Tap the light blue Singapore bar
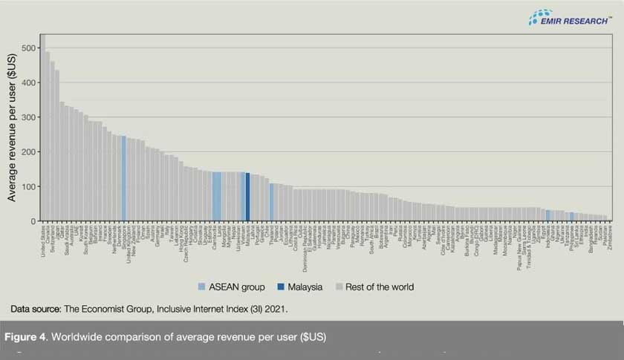(123, 178)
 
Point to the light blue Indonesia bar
(547, 215)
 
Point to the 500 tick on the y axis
(28, 48)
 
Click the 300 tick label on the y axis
(28, 117)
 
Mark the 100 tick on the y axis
(28, 186)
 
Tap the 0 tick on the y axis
(33, 221)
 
